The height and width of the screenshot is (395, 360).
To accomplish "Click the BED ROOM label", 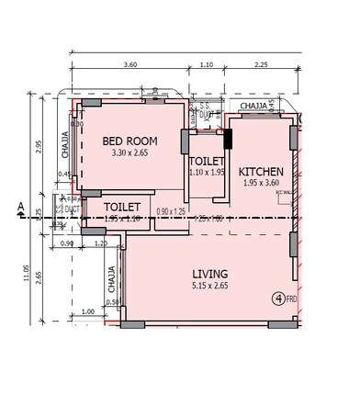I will click(x=129, y=141).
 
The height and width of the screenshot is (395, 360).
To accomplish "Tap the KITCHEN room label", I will click(x=261, y=172).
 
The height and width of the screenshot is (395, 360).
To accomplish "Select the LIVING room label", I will click(x=209, y=274).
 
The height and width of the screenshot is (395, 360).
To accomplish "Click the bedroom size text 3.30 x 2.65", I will click(x=129, y=154).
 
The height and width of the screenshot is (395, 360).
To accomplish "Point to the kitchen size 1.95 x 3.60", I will click(x=261, y=184).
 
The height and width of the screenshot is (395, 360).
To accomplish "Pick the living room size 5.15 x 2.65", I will click(x=209, y=287).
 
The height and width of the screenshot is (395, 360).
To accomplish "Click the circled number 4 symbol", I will click(x=276, y=298).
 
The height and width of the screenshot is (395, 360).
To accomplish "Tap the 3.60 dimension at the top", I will click(x=129, y=65).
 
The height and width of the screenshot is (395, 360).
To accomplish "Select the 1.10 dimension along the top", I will click(x=206, y=65).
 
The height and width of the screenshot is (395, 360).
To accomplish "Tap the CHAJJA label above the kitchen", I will click(x=253, y=107).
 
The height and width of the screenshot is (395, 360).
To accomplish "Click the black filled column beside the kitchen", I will click(x=228, y=140).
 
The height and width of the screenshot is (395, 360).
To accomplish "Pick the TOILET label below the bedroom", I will click(x=121, y=208).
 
